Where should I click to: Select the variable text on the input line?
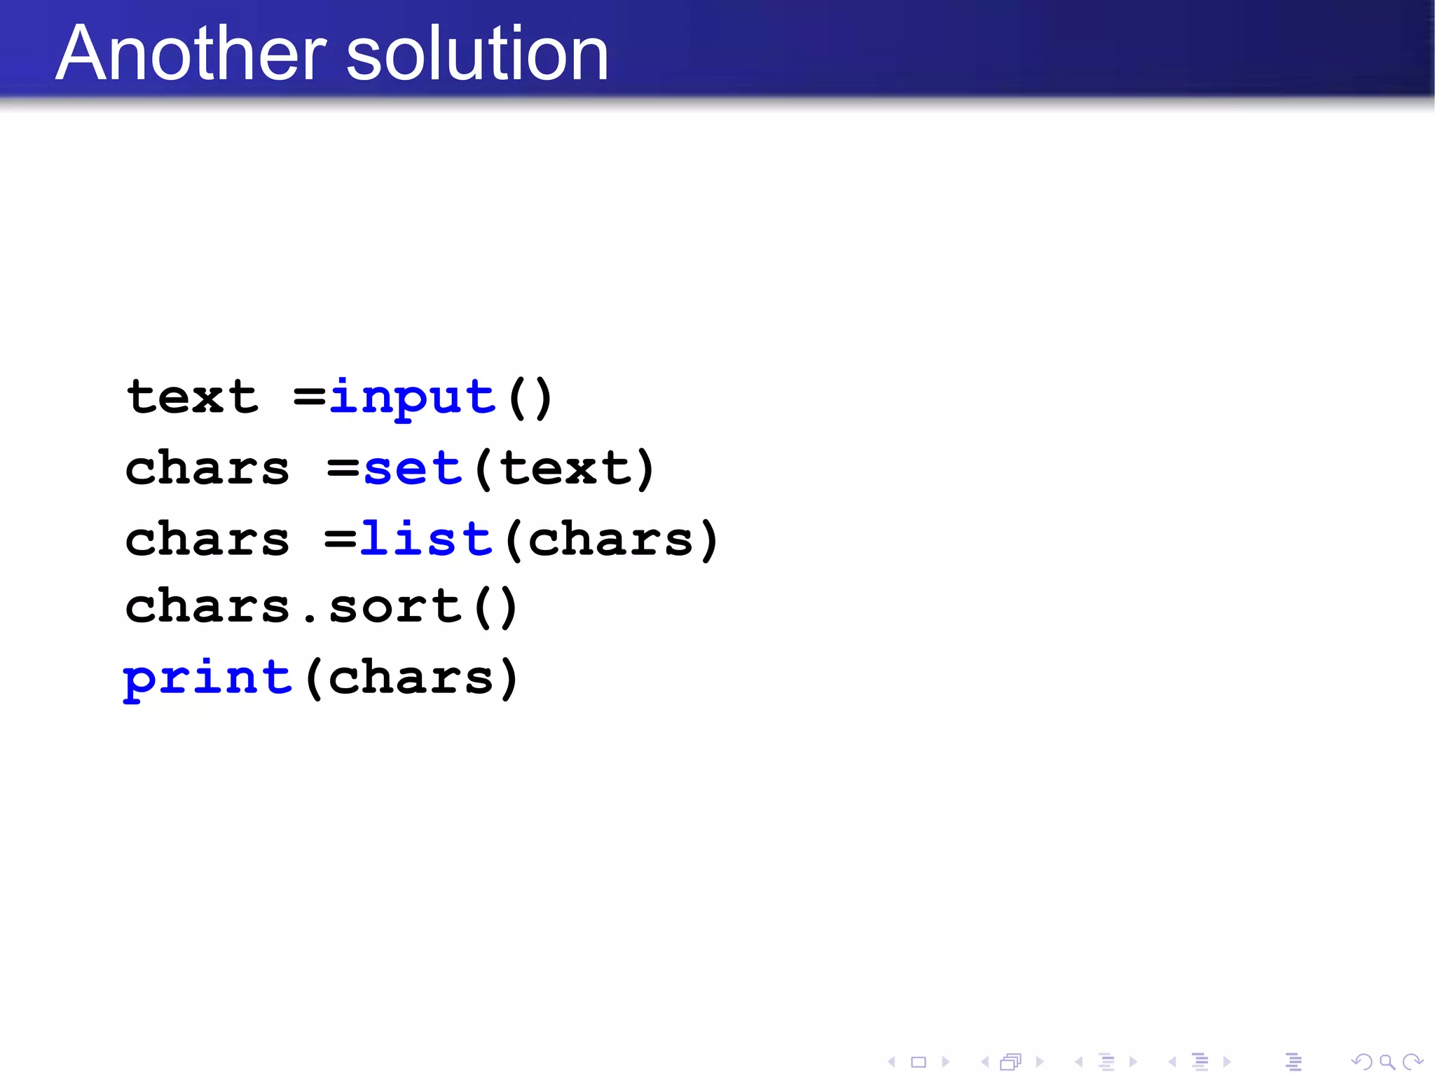click(x=192, y=397)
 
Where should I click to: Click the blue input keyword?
click(x=413, y=397)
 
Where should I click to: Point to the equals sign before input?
click(x=309, y=397)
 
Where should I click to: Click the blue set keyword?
click(x=413, y=469)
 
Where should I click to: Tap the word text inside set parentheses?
click(x=565, y=469)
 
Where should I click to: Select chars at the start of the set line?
click(x=207, y=469)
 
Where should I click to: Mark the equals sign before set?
click(x=343, y=469)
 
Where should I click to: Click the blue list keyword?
click(x=426, y=540)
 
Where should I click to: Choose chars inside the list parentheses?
click(x=610, y=540)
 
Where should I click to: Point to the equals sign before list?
click(x=341, y=540)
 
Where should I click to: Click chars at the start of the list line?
click(x=207, y=540)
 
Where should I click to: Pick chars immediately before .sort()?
click(x=207, y=607)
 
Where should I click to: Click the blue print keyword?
click(x=207, y=678)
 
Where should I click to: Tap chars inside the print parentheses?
click(x=411, y=678)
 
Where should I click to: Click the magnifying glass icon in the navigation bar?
click(x=1387, y=1062)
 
